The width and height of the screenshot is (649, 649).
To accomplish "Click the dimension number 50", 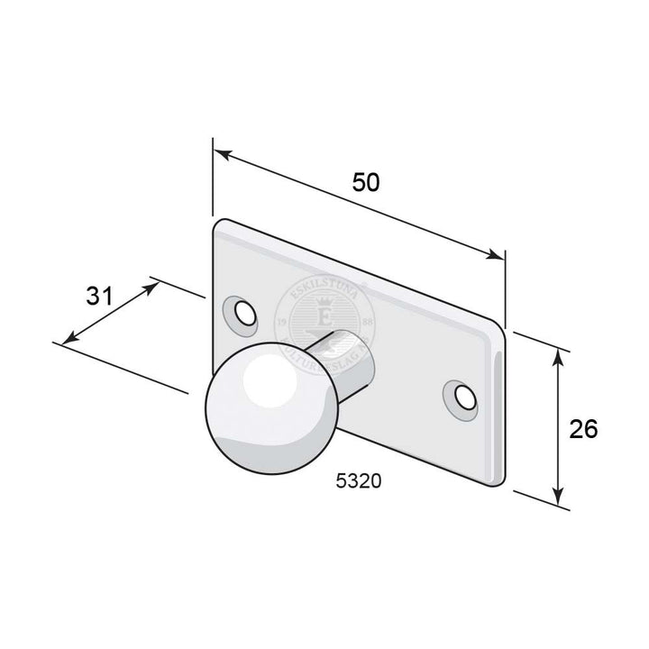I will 365,181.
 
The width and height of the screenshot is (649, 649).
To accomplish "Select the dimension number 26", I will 583,429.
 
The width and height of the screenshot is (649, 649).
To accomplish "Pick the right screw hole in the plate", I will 462,396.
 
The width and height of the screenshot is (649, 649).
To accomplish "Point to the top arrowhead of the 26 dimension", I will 560,355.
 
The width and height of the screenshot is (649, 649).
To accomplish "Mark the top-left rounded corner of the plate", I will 219,225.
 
